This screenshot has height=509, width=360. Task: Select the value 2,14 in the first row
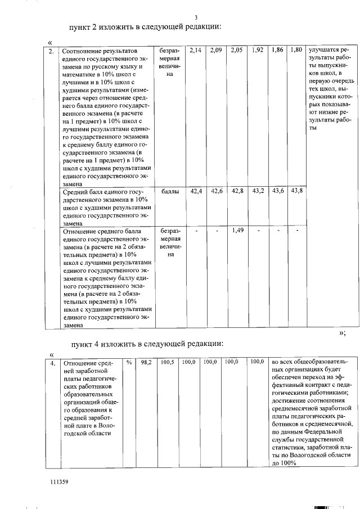coord(196,50)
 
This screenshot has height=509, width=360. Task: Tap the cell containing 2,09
coord(215,50)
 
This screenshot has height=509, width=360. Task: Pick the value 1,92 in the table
coord(258,50)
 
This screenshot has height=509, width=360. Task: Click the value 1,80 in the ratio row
coord(296,50)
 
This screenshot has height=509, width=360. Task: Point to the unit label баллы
coord(170,192)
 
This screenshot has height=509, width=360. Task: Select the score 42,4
coord(196,192)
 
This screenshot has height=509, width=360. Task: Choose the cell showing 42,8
coord(237,192)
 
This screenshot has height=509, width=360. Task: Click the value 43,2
coord(258,192)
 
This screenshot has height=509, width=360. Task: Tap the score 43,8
coord(296,192)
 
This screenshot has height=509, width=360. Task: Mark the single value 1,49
coord(237,230)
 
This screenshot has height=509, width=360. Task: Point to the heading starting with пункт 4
coord(147,344)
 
